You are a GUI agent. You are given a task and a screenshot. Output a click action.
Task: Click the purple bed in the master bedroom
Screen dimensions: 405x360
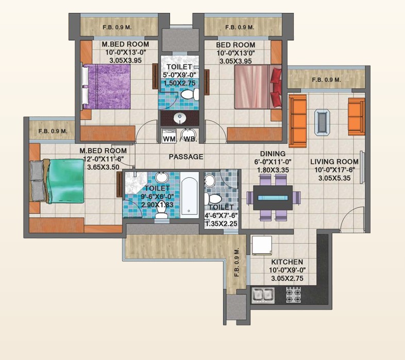click(106, 86)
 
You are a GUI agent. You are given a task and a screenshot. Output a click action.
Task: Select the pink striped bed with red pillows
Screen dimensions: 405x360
click(258, 87)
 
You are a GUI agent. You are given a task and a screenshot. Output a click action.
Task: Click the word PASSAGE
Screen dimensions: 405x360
click(186, 157)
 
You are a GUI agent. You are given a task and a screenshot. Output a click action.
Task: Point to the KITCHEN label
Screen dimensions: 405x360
click(287, 261)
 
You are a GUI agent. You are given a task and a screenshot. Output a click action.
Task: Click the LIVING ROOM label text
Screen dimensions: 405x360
click(334, 161)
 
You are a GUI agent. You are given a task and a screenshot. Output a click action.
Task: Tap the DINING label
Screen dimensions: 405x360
click(273, 154)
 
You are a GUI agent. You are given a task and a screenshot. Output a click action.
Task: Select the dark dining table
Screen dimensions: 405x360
click(273, 198)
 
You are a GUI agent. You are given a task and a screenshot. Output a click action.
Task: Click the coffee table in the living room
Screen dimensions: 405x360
click(322, 122)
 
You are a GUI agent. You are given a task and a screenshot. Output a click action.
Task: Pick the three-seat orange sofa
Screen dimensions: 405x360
click(297, 121)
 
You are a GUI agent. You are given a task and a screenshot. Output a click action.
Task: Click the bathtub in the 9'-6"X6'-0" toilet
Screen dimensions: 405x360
click(189, 195)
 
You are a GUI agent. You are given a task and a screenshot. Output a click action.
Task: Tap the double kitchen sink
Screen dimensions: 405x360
click(263, 295)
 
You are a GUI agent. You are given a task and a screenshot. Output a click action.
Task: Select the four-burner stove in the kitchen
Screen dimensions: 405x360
click(293, 295)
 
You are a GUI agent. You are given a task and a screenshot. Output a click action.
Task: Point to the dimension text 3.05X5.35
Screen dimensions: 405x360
click(334, 178)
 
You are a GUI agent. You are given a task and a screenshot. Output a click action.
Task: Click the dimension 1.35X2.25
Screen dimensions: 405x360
click(222, 224)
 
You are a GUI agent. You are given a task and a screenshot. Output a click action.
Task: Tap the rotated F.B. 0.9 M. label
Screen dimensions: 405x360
click(237, 263)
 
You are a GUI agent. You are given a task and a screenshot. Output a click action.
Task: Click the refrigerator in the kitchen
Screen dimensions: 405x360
click(262, 246)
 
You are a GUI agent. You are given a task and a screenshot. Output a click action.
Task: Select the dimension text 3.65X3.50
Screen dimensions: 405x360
click(104, 167)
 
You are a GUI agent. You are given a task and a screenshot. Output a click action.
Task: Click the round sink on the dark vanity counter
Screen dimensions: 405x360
click(180, 119)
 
